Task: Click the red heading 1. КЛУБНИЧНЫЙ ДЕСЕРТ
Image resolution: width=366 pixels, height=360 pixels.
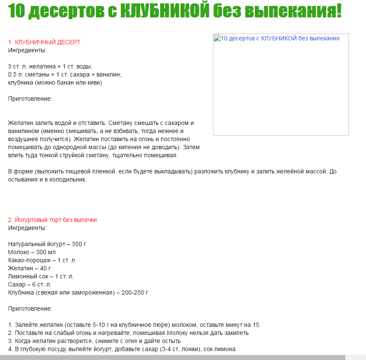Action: coord(44,42)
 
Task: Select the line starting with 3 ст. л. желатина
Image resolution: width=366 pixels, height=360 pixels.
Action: coord(50,66)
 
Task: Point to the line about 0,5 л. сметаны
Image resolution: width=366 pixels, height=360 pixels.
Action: coord(65,74)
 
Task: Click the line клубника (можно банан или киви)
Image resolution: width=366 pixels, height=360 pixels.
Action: coord(55,82)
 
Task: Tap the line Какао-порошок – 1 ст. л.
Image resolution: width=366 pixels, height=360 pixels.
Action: coord(42,260)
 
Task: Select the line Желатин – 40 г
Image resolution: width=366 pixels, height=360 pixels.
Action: coord(29,268)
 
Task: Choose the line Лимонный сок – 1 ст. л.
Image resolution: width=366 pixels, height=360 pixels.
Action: coord(41,276)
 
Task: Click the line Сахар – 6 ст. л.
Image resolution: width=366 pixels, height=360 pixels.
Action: coord(29,284)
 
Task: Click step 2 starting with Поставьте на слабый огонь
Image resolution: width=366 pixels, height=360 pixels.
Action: coord(128,333)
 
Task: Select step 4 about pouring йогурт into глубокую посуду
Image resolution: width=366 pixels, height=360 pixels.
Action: coord(122,349)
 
